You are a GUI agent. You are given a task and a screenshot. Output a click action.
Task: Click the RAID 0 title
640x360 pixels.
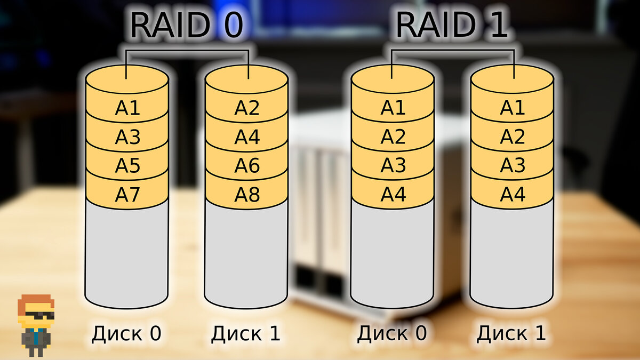click(187, 25)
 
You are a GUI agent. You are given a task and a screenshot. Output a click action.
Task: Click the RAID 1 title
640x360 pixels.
click(452, 25)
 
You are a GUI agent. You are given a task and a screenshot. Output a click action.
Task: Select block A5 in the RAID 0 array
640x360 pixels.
click(127, 166)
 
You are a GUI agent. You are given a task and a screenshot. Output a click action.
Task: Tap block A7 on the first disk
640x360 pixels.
click(127, 195)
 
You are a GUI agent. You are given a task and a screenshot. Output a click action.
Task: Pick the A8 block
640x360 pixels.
click(247, 195)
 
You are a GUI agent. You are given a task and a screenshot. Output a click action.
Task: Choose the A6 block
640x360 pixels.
click(247, 166)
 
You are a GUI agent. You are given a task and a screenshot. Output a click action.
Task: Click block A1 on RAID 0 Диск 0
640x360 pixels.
click(127, 108)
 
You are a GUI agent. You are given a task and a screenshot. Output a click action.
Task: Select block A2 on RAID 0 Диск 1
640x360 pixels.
click(247, 108)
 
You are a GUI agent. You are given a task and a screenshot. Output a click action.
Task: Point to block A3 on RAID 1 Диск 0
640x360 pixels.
click(393, 166)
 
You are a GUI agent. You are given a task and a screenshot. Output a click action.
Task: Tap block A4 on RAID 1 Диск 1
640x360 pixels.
click(513, 195)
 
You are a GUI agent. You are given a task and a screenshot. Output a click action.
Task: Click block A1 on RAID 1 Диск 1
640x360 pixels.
click(513, 108)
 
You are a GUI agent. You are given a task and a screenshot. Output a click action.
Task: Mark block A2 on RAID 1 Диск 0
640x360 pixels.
click(393, 137)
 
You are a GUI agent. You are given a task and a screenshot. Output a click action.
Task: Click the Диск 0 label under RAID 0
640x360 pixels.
click(126, 334)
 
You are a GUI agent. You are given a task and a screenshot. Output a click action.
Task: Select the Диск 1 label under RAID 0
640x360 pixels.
click(245, 334)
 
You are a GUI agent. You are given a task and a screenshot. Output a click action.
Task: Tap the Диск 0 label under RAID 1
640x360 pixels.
click(392, 334)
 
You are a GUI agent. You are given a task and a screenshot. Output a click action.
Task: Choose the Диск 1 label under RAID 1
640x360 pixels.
click(511, 334)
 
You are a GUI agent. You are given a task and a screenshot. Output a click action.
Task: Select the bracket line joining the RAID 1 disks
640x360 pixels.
click(452, 51)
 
